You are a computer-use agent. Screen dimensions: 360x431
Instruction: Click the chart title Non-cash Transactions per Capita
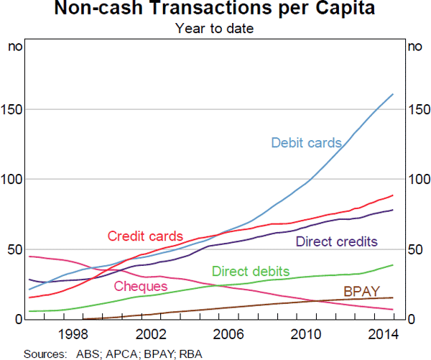[215, 10]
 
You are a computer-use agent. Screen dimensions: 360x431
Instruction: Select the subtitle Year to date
[215, 29]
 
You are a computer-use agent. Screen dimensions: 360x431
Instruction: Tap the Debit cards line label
[306, 143]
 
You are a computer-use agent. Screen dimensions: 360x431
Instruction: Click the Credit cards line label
[145, 236]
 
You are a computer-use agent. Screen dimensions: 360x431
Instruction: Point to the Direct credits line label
[336, 241]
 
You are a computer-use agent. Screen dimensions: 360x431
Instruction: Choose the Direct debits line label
[251, 272]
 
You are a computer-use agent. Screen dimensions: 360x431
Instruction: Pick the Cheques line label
[141, 287]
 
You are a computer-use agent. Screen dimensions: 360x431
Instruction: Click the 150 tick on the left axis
[15, 110]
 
